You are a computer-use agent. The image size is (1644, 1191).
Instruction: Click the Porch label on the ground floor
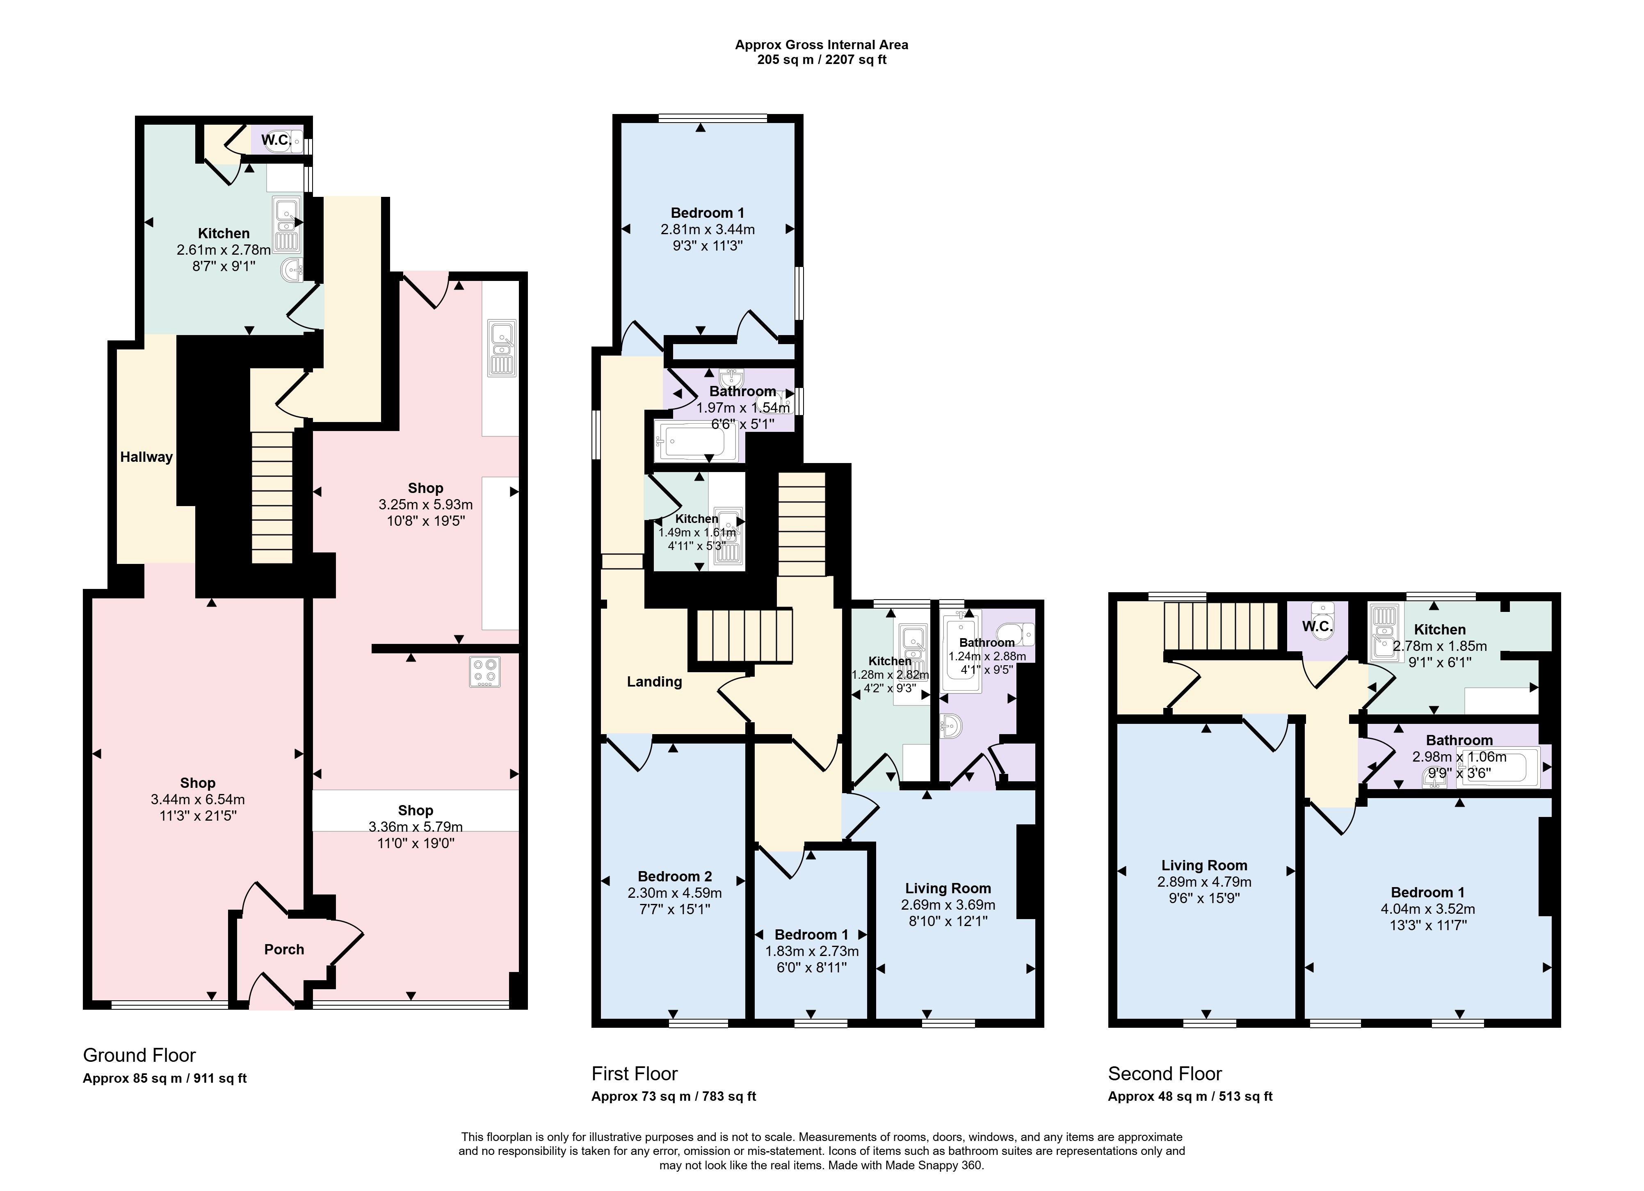(x=284, y=949)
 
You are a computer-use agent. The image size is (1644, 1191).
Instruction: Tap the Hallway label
(x=146, y=457)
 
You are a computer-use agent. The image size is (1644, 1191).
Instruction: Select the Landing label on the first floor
(x=655, y=681)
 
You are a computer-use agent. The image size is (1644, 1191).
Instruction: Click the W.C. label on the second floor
(x=1318, y=626)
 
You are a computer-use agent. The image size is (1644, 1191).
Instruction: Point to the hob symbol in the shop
(x=484, y=672)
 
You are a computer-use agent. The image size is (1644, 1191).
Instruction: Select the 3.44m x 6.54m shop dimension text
(x=198, y=800)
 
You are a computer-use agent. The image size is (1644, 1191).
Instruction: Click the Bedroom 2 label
(x=675, y=876)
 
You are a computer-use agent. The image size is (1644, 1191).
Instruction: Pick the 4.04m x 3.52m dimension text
(x=1428, y=909)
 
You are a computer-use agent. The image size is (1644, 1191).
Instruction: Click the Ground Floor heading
(x=139, y=1055)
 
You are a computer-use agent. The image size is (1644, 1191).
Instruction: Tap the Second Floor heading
(x=1165, y=1074)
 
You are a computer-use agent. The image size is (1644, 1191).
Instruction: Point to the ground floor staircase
(x=272, y=497)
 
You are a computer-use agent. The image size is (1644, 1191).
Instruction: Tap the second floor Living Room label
(x=1204, y=865)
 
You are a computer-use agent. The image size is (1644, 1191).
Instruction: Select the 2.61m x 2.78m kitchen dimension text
(x=224, y=250)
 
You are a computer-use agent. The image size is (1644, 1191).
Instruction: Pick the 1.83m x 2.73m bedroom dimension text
(x=812, y=951)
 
